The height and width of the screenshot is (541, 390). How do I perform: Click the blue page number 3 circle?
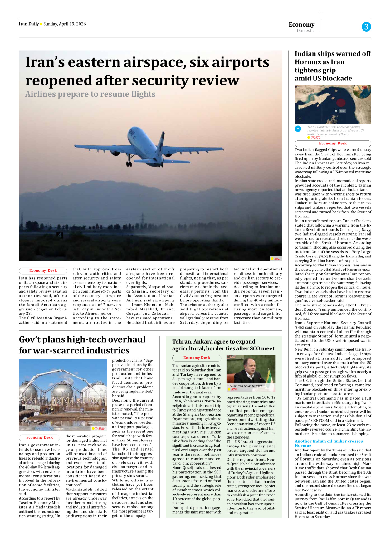pos(366,27)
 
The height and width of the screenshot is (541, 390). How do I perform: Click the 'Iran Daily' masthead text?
pos(29,24)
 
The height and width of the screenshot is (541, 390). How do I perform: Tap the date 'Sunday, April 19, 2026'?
pos(65,24)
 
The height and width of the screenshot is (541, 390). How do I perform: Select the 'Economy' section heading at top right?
pos(301,25)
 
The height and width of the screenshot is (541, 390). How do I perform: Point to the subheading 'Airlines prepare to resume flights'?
pos(90,94)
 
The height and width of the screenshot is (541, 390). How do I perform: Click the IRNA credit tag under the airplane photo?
pos(276,259)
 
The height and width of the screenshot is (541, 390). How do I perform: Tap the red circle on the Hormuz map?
pos(341,103)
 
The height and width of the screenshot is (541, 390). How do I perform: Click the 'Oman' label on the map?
pos(342,111)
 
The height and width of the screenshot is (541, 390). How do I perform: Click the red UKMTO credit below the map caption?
pos(315,138)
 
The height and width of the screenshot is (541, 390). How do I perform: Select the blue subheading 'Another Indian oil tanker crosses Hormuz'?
pos(329,443)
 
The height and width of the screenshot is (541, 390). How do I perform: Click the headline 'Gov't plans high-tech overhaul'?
pos(82,339)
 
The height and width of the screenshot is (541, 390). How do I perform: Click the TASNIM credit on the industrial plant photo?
pos(100,429)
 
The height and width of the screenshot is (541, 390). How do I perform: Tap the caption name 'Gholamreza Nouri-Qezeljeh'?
pos(245,386)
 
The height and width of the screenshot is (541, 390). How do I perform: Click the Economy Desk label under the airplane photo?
pos(43,271)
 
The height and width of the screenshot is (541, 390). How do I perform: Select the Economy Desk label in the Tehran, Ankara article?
pos(197,358)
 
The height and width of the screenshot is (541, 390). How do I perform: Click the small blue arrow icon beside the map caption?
pos(298,129)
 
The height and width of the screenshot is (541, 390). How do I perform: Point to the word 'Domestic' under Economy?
pos(305,31)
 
